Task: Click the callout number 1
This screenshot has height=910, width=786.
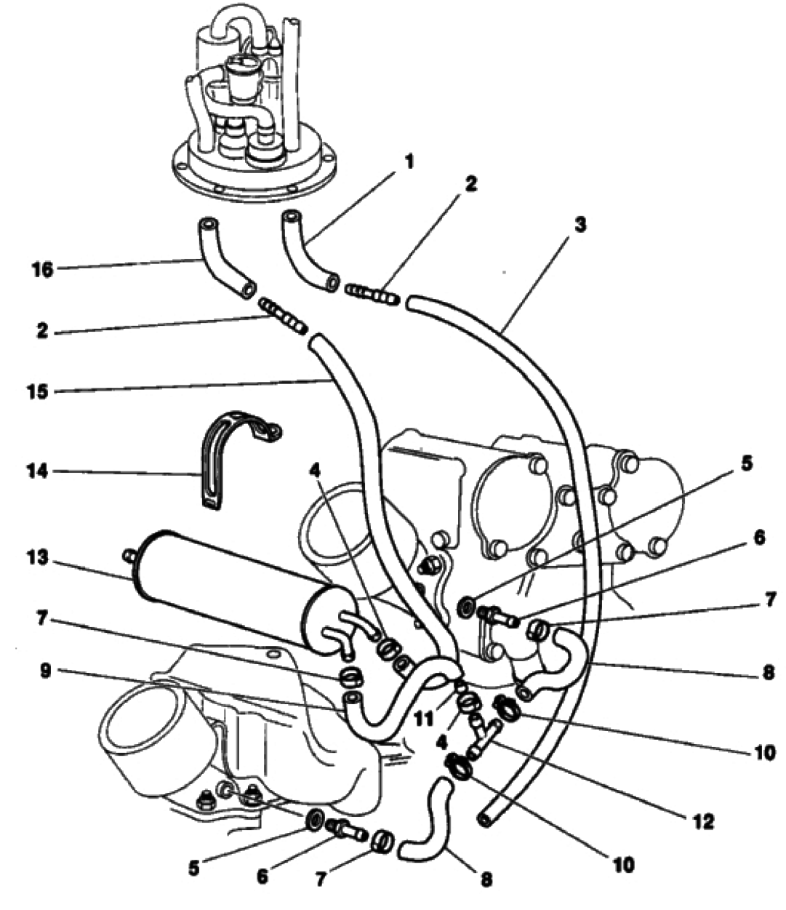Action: click(409, 162)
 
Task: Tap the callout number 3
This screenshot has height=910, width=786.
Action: click(581, 225)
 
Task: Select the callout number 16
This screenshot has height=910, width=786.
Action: click(43, 270)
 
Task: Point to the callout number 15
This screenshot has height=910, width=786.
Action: click(38, 391)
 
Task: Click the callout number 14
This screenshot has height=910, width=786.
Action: click(38, 472)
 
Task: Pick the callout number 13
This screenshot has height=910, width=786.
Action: click(37, 558)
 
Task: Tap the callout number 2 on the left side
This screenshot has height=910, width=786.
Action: click(42, 330)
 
